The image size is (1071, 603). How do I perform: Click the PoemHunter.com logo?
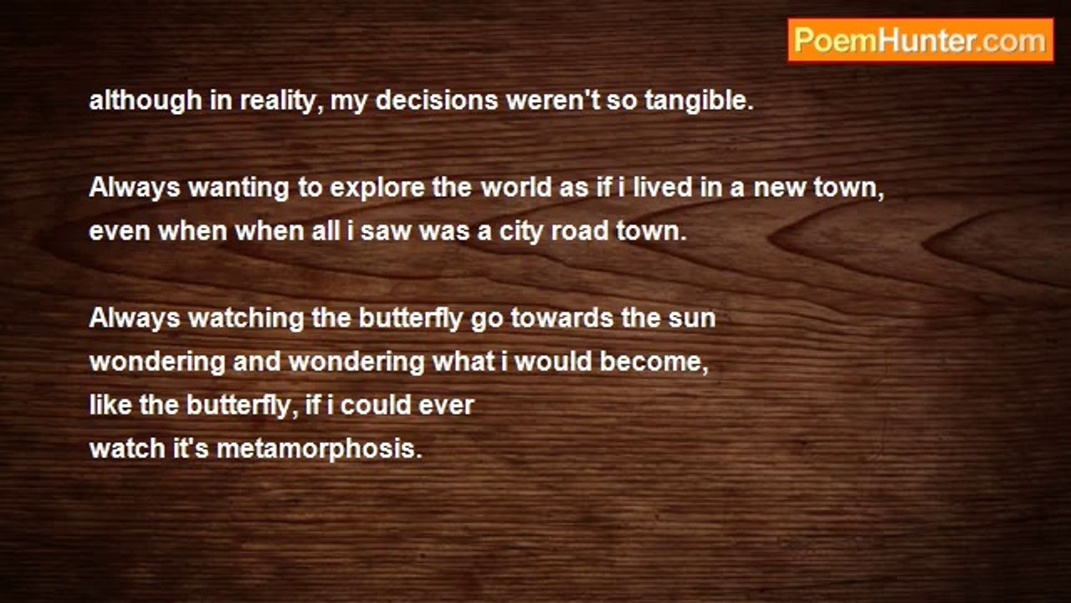coord(920,41)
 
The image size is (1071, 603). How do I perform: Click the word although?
coord(146,101)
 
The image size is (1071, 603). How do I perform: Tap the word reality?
coord(280,101)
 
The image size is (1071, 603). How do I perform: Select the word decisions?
coord(437,100)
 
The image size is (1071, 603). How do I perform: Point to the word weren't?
coord(553,100)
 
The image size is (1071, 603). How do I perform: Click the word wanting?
coord(238,188)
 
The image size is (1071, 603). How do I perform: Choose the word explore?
coord(377,188)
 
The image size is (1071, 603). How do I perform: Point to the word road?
coord(580,231)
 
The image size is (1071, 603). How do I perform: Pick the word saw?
coord(386,233)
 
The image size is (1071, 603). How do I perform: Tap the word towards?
coord(561,318)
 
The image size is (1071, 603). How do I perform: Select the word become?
coord(653,362)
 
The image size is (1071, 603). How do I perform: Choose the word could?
coord(376,405)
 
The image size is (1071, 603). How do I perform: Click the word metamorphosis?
coord(320,450)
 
